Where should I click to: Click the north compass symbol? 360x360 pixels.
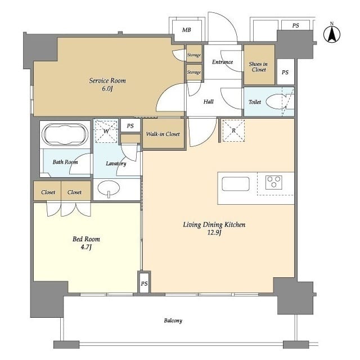point(332,35)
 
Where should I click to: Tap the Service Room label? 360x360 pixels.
point(107,81)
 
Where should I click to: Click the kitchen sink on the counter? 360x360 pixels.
point(235,184)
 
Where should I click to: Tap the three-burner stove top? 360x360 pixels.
point(273,182)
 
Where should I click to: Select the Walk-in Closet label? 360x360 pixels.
point(163,134)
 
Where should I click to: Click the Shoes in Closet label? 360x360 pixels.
point(258,66)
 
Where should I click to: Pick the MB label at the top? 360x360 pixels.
point(186,29)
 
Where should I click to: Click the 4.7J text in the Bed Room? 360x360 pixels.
point(87,247)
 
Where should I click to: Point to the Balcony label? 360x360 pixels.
point(173,321)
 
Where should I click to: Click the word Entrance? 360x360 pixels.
point(222,62)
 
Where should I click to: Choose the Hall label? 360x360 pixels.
point(208,102)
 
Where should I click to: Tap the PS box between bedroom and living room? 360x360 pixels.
point(144,283)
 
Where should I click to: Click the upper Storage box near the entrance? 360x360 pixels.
point(194,55)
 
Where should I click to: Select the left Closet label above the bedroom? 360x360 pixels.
point(48,192)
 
